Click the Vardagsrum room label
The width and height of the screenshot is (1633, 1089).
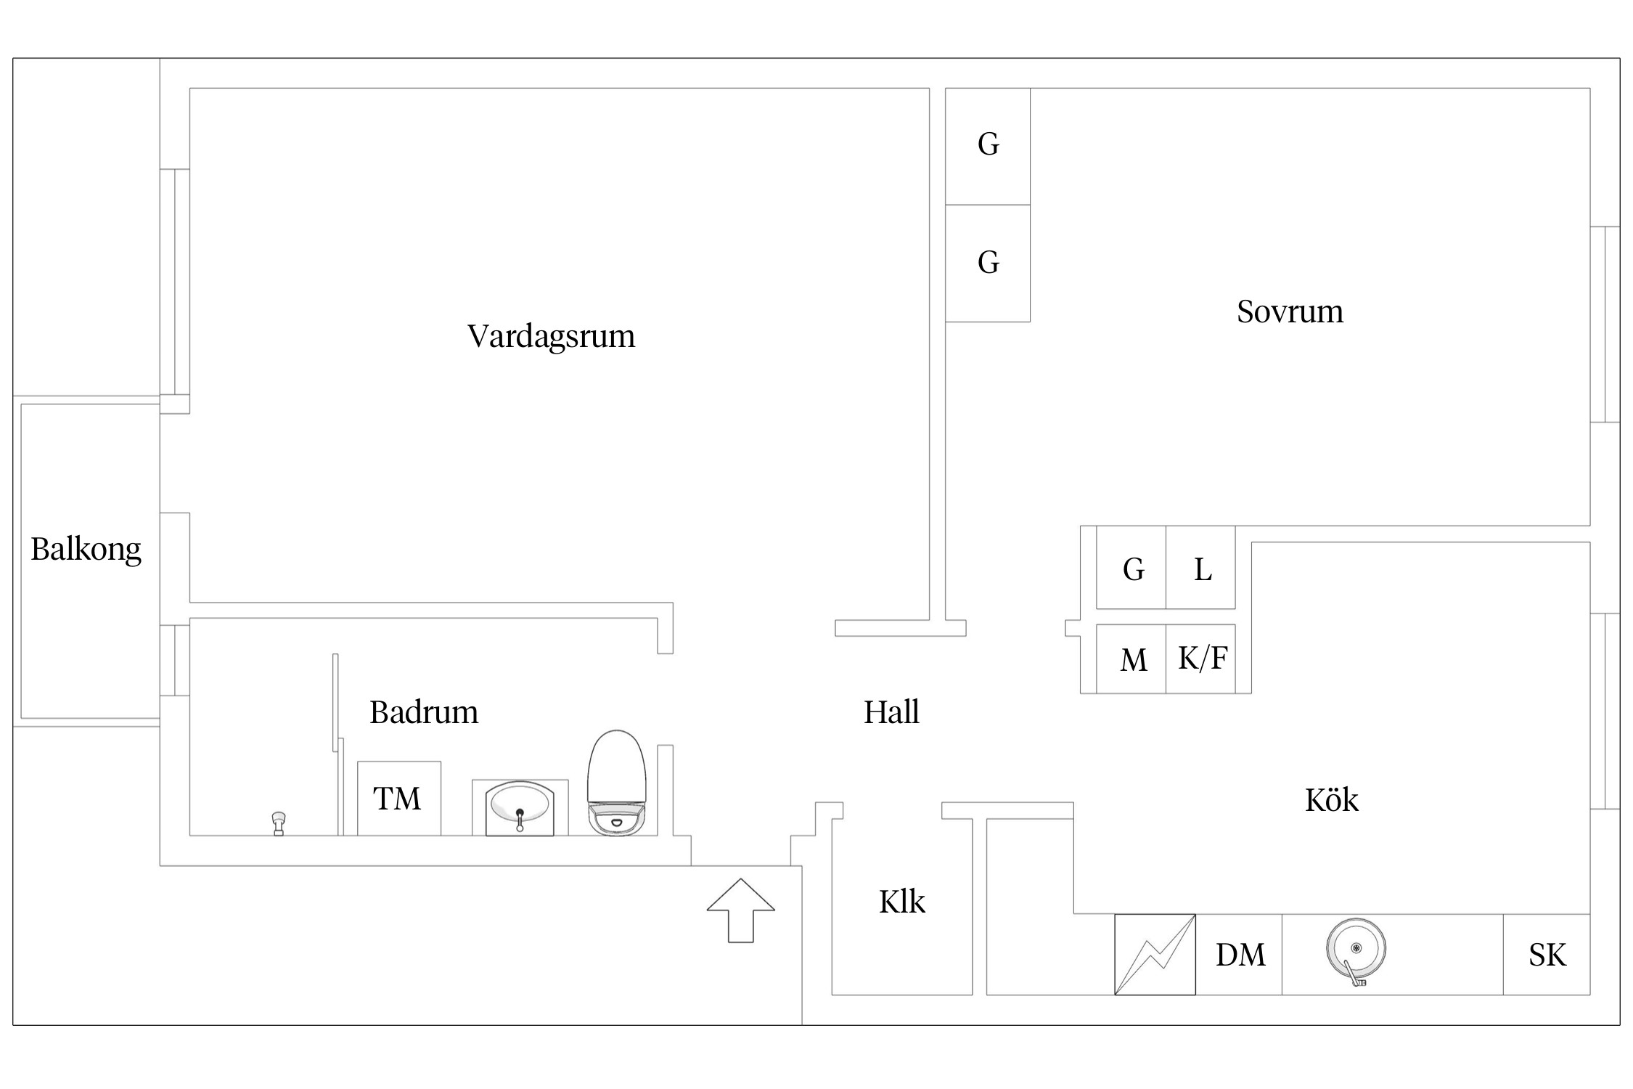[551, 336]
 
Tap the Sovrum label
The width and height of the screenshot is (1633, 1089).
[1290, 311]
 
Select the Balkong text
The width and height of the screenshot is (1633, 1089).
[86, 550]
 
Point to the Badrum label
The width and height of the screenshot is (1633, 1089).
[424, 712]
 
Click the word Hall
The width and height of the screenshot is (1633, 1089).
[891, 712]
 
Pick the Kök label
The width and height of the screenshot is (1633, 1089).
[1331, 800]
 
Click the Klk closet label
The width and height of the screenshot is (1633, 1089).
[902, 902]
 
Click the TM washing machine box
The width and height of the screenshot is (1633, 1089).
[398, 799]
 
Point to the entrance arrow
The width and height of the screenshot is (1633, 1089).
[740, 910]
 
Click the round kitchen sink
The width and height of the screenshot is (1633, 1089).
[1355, 949]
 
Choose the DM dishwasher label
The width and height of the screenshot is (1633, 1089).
[1240, 955]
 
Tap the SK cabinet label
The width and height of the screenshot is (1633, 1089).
[1547, 955]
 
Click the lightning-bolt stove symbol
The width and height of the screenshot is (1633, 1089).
[1155, 955]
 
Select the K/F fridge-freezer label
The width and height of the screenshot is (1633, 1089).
[1203, 658]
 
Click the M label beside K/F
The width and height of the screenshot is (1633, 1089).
[1134, 661]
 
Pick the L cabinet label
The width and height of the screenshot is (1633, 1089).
[1203, 570]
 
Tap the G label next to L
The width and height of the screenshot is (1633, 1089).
[1134, 570]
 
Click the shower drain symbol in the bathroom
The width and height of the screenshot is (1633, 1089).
[279, 823]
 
